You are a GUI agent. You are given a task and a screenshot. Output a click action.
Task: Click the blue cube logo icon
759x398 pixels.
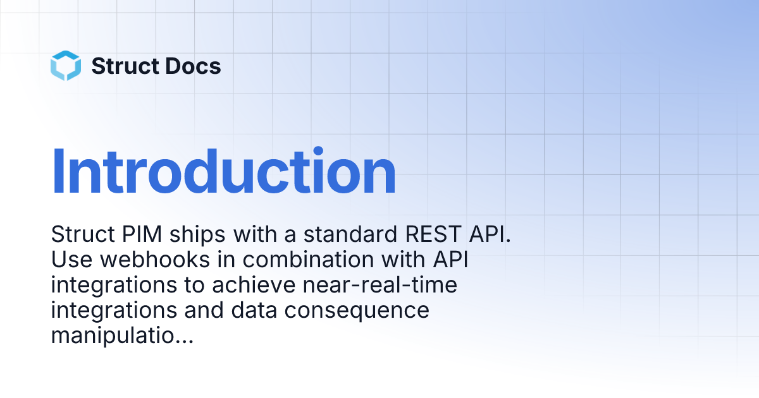(x=66, y=66)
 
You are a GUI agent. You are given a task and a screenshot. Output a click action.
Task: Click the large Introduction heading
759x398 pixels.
(x=223, y=172)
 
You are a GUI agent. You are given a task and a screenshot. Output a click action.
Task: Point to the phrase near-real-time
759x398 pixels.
(x=379, y=286)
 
